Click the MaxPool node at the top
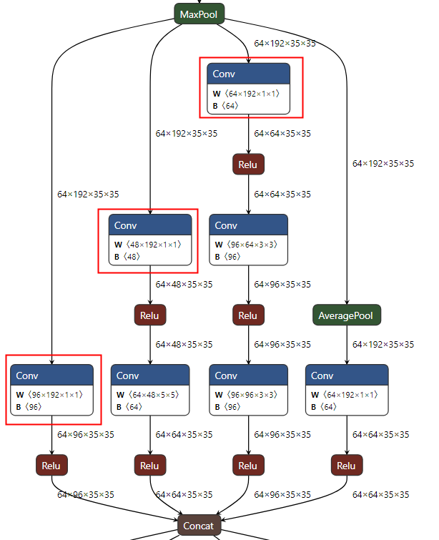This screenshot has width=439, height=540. [199, 14]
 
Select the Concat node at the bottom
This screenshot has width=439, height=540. [198, 526]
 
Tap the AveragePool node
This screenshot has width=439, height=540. [347, 315]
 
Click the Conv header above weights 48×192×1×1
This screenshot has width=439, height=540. [150, 225]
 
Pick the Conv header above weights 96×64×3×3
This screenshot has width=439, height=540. [248, 225]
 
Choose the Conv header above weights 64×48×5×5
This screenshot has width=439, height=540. [150, 375]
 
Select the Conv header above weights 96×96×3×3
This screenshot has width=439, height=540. [248, 375]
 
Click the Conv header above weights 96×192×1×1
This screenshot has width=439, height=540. [51, 375]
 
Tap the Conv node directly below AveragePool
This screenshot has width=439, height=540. [347, 375]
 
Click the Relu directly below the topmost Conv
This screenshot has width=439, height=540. [248, 165]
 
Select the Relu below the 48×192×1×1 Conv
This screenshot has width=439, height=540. [150, 315]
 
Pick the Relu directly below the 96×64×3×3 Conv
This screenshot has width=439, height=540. [248, 315]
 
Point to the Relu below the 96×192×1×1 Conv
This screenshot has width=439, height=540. [51, 466]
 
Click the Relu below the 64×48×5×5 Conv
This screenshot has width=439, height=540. [150, 466]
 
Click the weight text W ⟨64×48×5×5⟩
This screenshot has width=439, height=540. [147, 394]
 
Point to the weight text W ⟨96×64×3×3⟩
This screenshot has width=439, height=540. [246, 244]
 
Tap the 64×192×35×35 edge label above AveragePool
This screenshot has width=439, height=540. [383, 164]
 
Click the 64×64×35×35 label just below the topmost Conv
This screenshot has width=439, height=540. [282, 133]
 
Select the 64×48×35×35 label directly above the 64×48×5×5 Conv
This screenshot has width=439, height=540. [184, 345]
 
